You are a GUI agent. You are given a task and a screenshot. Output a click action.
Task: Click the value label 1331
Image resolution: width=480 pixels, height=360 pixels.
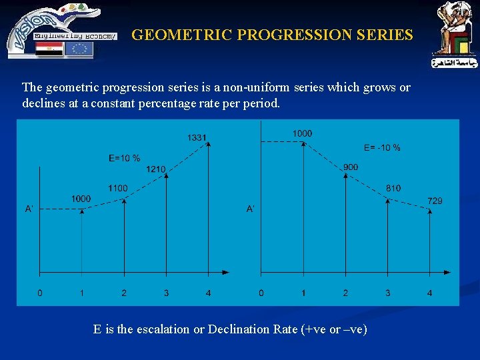[x=197, y=138]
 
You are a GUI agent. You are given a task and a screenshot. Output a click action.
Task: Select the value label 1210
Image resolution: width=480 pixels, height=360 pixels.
[x=155, y=169]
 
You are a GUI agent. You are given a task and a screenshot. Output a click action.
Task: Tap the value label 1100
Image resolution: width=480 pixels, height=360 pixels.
[x=117, y=189]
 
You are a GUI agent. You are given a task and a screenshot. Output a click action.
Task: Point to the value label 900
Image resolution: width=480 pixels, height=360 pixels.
[x=350, y=167]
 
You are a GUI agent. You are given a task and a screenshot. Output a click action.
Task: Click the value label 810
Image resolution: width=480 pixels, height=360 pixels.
[x=393, y=189]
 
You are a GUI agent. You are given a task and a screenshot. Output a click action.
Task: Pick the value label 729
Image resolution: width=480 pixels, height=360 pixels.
[x=435, y=201]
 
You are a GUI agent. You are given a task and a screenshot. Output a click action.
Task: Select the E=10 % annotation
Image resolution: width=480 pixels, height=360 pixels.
[x=124, y=158]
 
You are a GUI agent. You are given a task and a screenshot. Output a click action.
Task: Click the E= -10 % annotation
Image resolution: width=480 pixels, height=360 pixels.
[x=382, y=147]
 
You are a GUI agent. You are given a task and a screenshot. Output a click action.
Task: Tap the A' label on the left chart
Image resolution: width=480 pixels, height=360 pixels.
[x=29, y=209]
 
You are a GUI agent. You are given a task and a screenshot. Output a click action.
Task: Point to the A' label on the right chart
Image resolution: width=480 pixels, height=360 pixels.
[x=251, y=209]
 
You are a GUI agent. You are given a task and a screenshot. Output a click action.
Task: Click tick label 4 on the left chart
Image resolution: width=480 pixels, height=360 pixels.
[x=209, y=293]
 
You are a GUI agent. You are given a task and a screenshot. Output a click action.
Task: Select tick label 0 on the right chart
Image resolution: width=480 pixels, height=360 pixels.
[x=261, y=293]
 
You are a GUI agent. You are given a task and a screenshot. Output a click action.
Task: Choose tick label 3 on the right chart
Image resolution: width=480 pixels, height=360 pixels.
[x=387, y=293]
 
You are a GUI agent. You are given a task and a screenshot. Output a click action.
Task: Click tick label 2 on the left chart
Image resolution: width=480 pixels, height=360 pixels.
[x=124, y=293]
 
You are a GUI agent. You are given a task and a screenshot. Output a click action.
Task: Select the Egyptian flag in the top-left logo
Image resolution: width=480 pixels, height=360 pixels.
[x=49, y=49]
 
